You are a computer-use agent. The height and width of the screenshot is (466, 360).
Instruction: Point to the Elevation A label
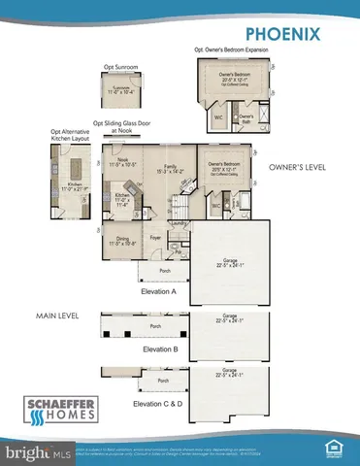coord(159,291)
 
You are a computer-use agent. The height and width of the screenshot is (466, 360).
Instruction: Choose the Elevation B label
coord(161,349)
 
